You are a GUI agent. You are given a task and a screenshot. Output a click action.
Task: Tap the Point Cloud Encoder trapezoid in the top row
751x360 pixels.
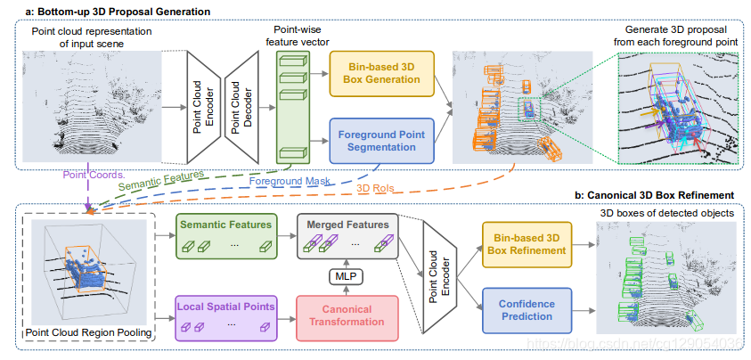(x=199, y=106)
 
